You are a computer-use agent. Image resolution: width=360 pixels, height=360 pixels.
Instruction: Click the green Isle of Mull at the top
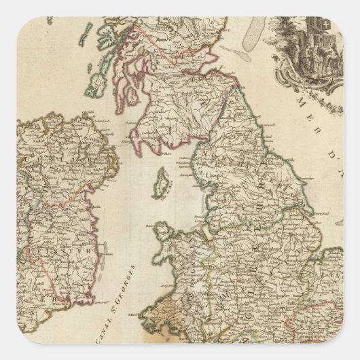pos(102,31)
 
